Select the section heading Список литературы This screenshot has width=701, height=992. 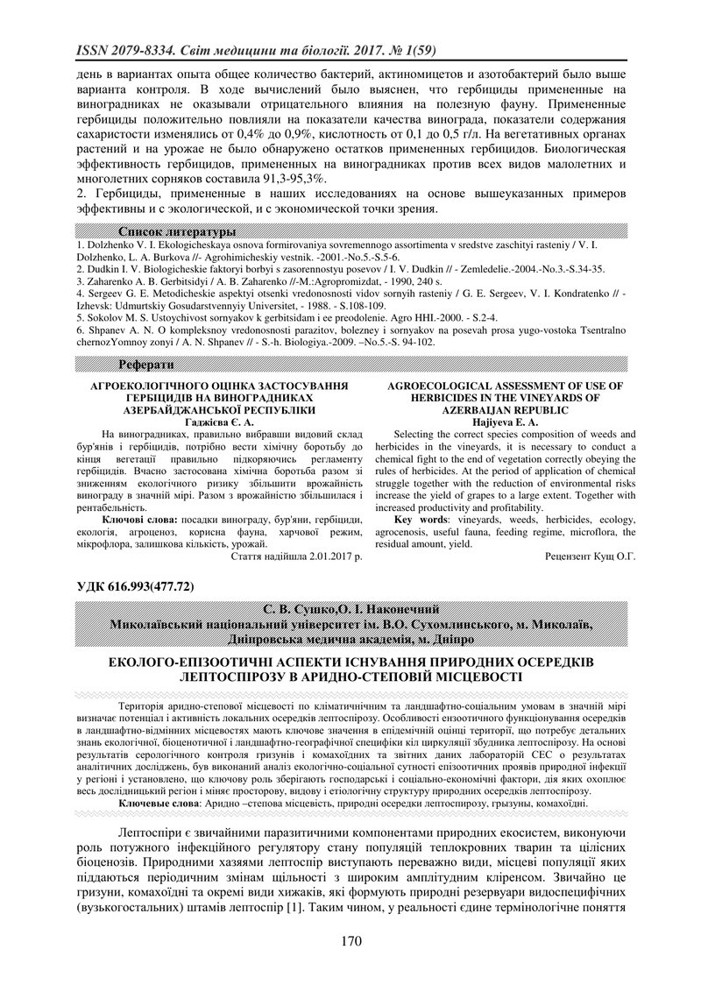(x=177, y=231)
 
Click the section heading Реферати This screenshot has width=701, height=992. (x=146, y=364)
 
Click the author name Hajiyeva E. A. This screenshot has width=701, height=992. (x=507, y=422)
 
